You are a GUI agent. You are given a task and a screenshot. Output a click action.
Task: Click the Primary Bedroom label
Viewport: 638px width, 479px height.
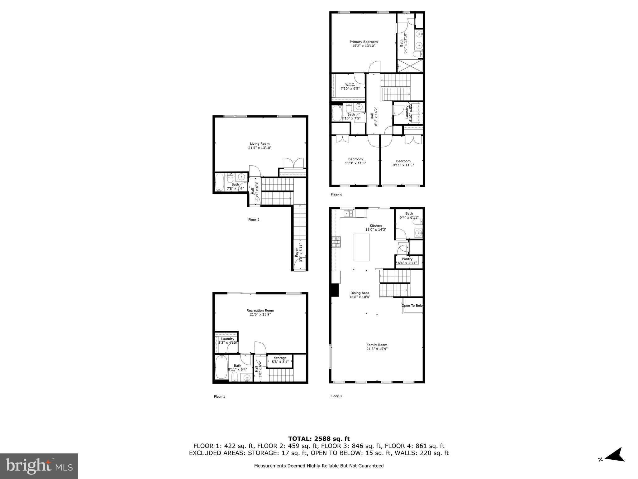[x=364, y=42]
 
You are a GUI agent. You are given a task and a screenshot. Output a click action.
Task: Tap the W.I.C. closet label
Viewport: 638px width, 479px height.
[x=350, y=85]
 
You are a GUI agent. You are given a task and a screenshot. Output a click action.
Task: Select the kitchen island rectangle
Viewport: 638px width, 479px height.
[x=362, y=247]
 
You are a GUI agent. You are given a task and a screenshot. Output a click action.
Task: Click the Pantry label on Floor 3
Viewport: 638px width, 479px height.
[x=407, y=259]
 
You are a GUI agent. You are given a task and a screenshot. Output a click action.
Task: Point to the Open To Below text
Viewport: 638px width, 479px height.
[x=413, y=306]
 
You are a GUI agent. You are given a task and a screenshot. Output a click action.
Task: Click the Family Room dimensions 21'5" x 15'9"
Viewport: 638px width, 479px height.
[x=377, y=349]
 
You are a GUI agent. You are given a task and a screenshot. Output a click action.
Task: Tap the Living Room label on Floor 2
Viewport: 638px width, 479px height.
[x=260, y=144]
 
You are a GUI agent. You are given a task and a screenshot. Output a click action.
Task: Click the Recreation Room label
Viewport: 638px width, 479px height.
[x=260, y=310]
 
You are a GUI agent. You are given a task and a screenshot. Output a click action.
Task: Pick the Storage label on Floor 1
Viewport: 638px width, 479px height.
[x=280, y=358]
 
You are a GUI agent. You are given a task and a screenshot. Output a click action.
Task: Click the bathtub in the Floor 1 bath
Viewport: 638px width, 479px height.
[x=221, y=367]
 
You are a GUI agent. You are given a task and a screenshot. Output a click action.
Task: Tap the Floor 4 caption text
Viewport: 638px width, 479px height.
[x=336, y=195]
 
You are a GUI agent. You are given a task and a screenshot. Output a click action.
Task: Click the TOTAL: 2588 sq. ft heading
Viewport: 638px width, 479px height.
[x=319, y=439]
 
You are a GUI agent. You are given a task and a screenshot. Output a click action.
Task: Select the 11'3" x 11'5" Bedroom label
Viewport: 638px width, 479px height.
[x=355, y=159]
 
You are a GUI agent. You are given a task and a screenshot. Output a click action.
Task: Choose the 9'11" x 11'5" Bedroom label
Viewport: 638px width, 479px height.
[x=403, y=161]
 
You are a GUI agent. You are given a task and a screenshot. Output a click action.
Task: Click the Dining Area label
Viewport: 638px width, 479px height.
[x=359, y=293]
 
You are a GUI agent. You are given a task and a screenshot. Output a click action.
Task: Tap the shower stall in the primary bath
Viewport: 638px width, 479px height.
[x=410, y=66]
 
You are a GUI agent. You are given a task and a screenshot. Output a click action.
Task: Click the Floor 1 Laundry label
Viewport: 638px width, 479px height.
[x=227, y=339]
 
